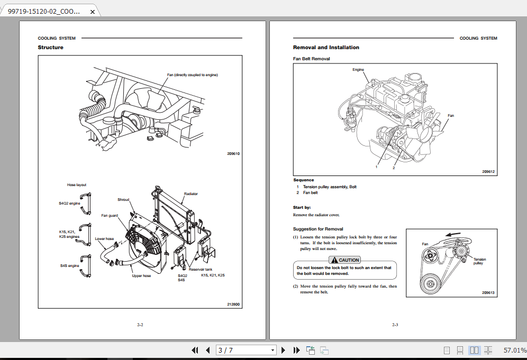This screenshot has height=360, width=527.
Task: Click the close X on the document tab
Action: coord(92,11)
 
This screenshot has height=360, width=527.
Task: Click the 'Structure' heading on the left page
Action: coord(50,48)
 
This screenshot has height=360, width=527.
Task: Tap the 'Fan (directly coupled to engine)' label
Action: coord(192,75)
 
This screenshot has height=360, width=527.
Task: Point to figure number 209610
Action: coord(233,154)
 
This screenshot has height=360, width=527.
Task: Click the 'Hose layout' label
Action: coord(77,185)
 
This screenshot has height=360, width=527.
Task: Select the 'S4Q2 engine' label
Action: coord(69,203)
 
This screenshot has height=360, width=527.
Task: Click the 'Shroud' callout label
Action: coord(123,200)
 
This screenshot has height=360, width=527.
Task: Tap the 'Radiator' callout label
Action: coord(190,194)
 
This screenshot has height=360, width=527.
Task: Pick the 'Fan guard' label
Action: coord(110,215)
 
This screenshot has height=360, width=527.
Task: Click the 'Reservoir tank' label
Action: coord(201,270)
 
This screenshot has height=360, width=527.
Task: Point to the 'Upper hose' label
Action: coord(141,275)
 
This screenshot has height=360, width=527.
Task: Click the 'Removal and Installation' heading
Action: coord(326,48)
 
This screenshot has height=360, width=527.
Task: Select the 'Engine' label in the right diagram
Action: coord(358,70)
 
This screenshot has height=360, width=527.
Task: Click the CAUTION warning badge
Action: coord(345,260)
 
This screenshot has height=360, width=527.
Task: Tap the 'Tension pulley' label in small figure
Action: coord(479,261)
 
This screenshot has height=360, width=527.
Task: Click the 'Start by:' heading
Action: coord(302,207)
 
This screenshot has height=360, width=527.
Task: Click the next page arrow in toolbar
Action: coord(283,350)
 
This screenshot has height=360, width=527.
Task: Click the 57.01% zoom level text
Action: coord(514,350)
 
